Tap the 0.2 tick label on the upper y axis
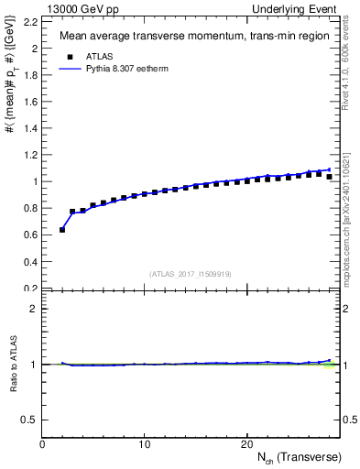(x=31, y=289)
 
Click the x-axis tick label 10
(x=144, y=444)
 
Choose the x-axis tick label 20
(x=245, y=444)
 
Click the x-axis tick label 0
(x=43, y=444)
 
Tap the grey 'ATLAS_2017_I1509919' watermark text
(x=190, y=273)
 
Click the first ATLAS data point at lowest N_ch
(x=62, y=230)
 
